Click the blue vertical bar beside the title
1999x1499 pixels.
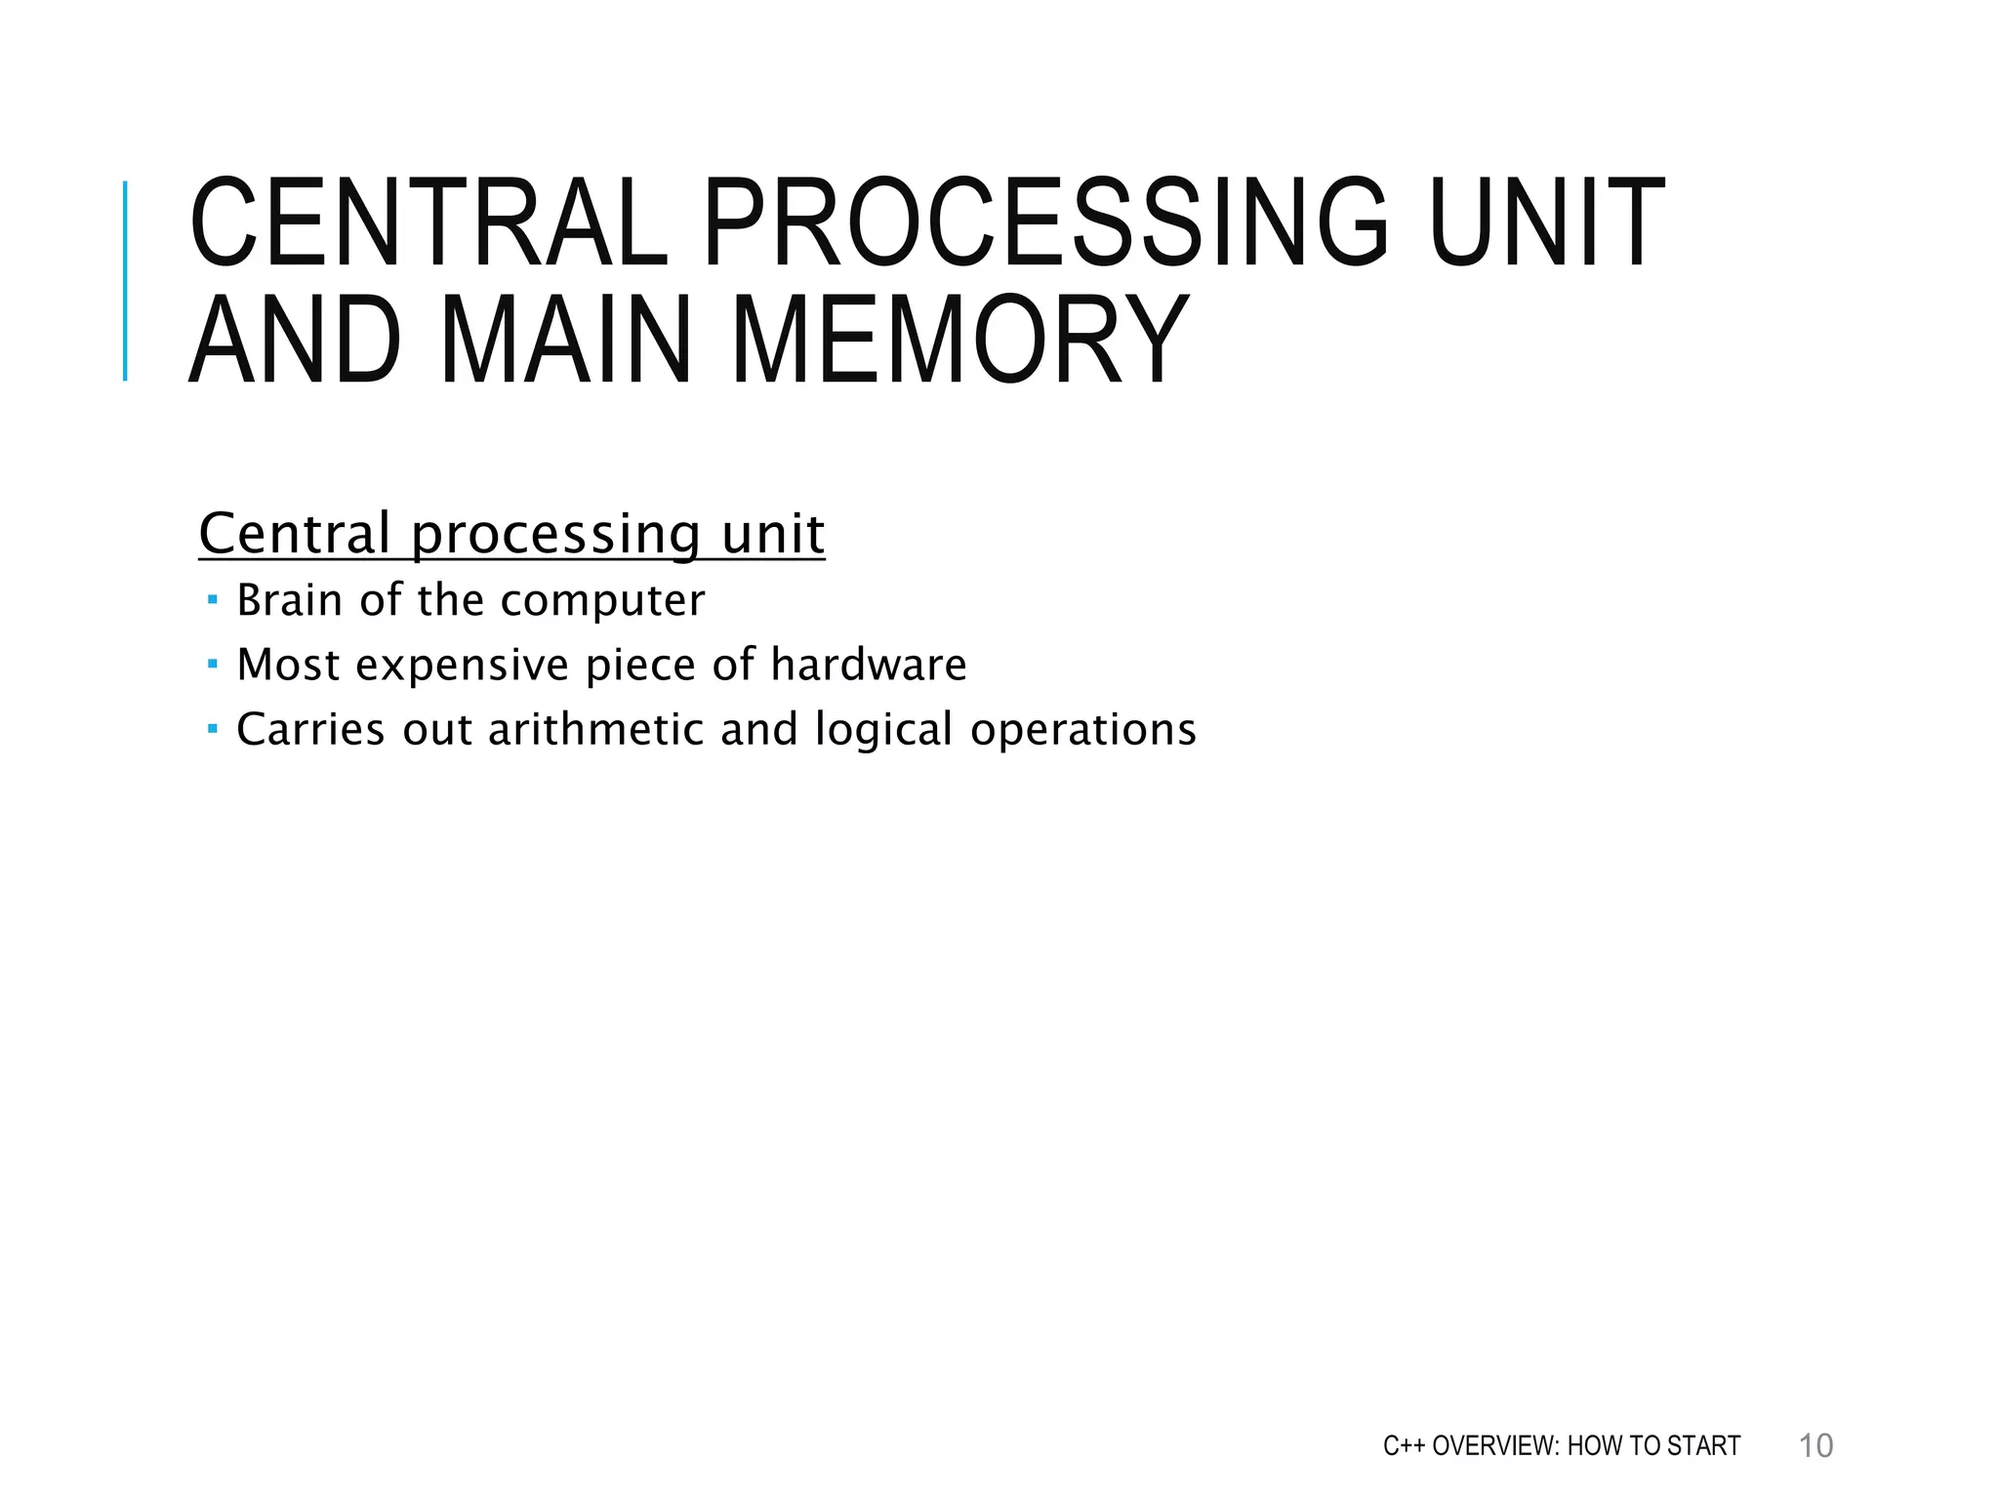(125, 281)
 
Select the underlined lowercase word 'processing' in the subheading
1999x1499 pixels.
(554, 535)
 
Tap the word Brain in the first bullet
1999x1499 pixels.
(291, 600)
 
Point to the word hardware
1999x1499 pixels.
(869, 665)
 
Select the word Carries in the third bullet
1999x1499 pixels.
(310, 730)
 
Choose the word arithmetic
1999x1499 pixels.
(595, 730)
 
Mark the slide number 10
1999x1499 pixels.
(1815, 1446)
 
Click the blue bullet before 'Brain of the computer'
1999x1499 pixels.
(213, 599)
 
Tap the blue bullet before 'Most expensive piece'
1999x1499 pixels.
(213, 664)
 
